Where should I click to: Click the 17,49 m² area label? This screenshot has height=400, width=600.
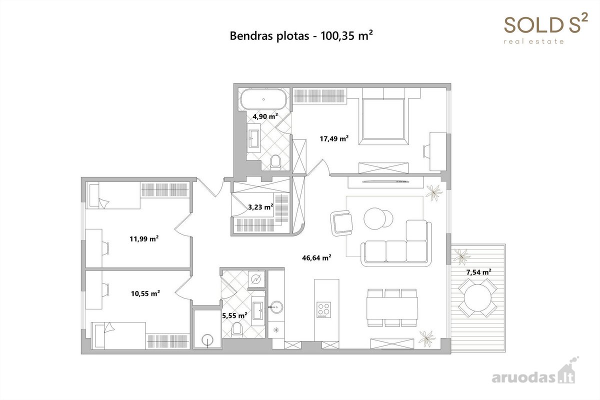click(334, 138)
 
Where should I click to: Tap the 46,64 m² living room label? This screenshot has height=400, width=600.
click(316, 257)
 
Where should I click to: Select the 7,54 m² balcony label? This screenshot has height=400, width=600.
click(478, 272)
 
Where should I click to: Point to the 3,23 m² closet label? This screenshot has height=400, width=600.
click(260, 207)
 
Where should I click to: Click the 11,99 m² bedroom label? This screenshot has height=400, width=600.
click(144, 238)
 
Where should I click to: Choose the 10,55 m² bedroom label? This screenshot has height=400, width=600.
click(145, 293)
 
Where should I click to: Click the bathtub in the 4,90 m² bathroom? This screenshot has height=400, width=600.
click(263, 99)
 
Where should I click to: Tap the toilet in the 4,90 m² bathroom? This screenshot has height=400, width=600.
click(275, 162)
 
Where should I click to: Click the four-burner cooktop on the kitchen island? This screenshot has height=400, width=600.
click(324, 310)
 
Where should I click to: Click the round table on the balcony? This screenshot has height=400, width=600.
click(477, 298)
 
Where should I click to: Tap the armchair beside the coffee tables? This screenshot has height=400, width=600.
click(341, 223)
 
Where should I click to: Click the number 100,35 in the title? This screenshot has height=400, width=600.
click(338, 35)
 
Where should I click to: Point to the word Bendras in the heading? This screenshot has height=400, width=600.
click(251, 35)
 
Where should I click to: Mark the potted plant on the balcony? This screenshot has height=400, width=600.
click(461, 256)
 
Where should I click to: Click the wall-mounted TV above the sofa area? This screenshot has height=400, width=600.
click(386, 181)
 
